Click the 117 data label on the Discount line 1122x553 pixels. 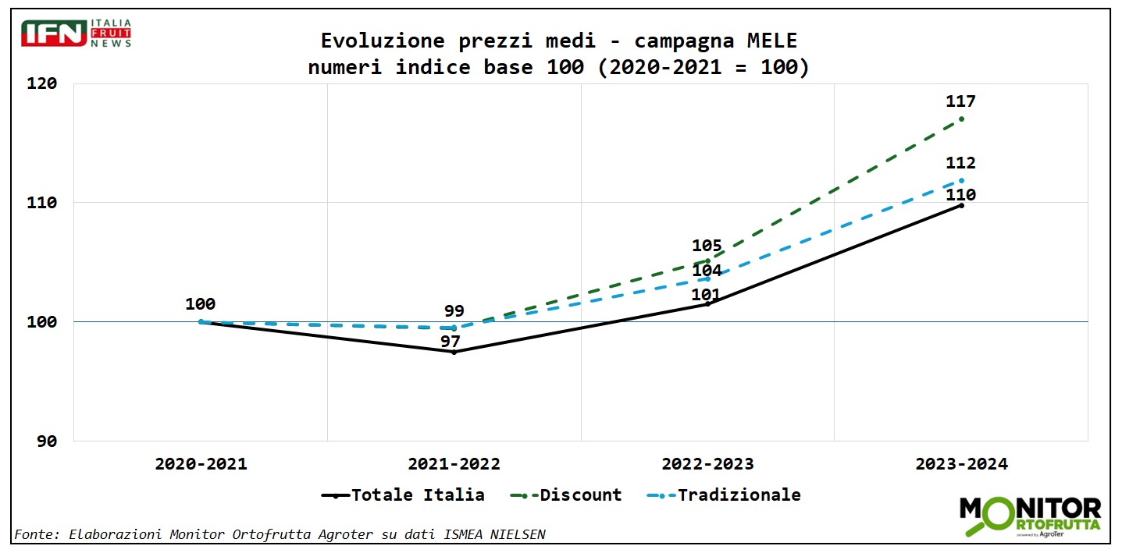[x=960, y=101]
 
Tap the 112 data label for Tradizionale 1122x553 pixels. [x=960, y=163]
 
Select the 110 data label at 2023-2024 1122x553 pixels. [x=960, y=195]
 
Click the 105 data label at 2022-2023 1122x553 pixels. [x=707, y=246]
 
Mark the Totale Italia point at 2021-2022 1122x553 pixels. [x=454, y=352]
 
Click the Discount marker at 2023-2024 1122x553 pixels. [x=961, y=119]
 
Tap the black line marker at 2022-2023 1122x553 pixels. [x=707, y=303]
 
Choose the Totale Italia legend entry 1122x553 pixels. [x=403, y=495]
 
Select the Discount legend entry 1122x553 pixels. [x=566, y=495]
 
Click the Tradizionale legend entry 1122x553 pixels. [x=725, y=495]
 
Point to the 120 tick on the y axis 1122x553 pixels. [x=44, y=83]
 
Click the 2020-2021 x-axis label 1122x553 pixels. [x=201, y=464]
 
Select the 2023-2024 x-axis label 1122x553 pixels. [x=961, y=464]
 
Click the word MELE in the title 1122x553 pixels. [x=768, y=41]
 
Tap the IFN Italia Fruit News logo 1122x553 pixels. [x=77, y=34]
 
